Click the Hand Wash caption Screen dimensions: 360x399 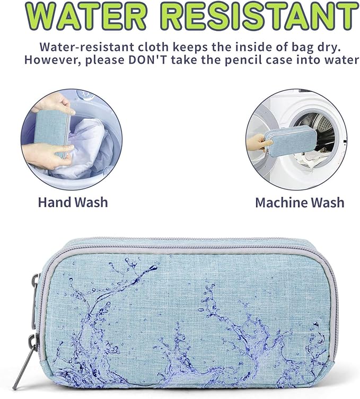pos(73,202)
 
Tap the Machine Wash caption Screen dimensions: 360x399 pos(300,202)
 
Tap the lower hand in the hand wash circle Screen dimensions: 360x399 pos(47,155)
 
